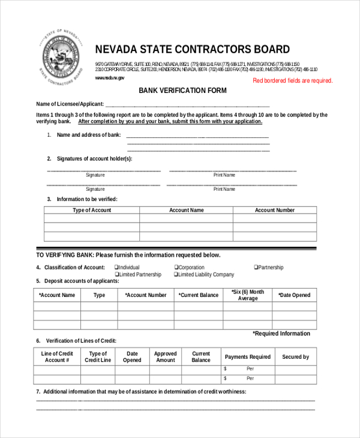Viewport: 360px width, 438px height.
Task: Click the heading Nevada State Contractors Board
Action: pyautogui.click(x=192, y=50)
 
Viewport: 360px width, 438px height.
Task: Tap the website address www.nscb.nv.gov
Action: pyautogui.click(x=109, y=78)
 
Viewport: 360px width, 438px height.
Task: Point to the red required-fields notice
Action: pyautogui.click(x=292, y=80)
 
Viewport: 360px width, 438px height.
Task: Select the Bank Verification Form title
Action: pyautogui.click(x=183, y=91)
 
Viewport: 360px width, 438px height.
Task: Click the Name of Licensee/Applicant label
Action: pyautogui.click(x=70, y=104)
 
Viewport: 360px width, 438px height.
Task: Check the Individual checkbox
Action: pyautogui.click(x=116, y=268)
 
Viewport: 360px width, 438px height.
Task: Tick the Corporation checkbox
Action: pyautogui.click(x=176, y=268)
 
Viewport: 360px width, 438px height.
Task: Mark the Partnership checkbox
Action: pyautogui.click(x=256, y=268)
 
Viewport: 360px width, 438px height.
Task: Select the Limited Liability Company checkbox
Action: pyautogui.click(x=176, y=275)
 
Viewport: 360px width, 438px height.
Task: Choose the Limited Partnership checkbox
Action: pyautogui.click(x=116, y=275)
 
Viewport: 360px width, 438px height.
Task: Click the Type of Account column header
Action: pyautogui.click(x=92, y=211)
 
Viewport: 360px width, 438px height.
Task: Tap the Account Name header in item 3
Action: pyautogui.click(x=186, y=211)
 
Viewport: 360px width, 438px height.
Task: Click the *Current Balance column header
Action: pyautogui.click(x=198, y=295)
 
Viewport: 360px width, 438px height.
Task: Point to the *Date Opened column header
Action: pyautogui.click(x=294, y=295)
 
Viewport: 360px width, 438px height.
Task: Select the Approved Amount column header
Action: pyautogui.click(x=165, y=357)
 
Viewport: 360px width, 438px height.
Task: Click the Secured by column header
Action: pyautogui.click(x=295, y=357)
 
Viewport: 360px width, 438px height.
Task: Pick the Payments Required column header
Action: pyautogui.click(x=248, y=357)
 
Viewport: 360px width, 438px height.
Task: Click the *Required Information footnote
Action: pyautogui.click(x=281, y=334)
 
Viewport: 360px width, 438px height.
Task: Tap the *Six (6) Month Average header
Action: pyautogui.click(x=248, y=295)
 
